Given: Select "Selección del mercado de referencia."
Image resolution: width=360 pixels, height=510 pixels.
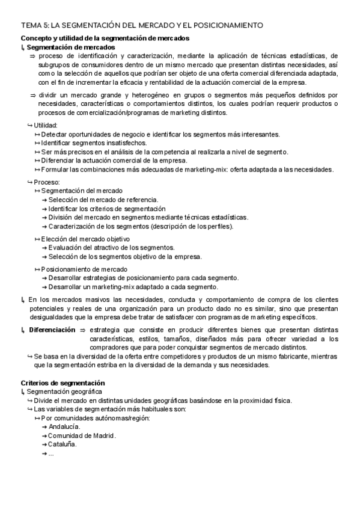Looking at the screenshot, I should [103, 200].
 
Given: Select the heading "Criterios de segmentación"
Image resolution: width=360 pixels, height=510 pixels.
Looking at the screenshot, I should [63, 382].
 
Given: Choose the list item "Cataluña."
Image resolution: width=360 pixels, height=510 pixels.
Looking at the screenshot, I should [63, 444].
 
